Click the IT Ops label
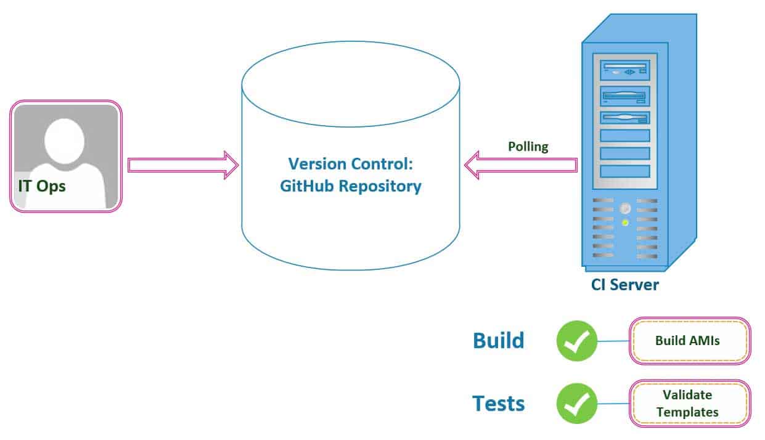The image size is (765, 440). [x=42, y=186]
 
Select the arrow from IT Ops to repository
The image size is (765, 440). [x=183, y=165]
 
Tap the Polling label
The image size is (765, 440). [x=528, y=147]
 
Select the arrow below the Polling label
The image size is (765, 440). [x=521, y=165]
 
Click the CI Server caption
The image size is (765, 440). [x=625, y=285]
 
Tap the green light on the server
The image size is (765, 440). [x=625, y=222]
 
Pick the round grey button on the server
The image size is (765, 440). [x=625, y=208]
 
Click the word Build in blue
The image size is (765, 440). [x=498, y=340]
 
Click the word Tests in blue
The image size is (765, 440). [x=498, y=404]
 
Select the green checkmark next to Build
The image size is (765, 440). [x=576, y=341]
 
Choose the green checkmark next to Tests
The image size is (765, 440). [x=576, y=404]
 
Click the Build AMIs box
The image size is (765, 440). [x=689, y=341]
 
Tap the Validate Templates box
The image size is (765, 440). [x=689, y=404]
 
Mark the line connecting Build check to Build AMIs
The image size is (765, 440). [x=613, y=341]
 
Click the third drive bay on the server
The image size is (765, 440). [x=625, y=117]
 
